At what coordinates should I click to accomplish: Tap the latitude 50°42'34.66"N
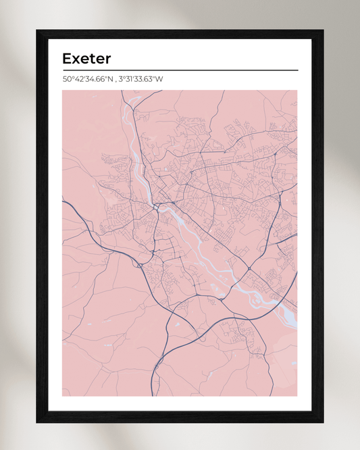coord(88,79)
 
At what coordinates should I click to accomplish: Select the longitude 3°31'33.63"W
coord(141,79)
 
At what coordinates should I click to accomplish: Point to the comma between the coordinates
coord(115,80)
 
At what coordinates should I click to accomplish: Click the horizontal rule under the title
coord(180,70)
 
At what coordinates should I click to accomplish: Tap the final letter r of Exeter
coord(107,59)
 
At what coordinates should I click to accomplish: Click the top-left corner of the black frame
coord(38,31)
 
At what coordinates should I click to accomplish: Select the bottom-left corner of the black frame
coord(38,421)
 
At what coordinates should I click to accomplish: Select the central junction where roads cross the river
coord(157,205)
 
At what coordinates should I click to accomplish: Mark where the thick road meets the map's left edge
coord(63,200)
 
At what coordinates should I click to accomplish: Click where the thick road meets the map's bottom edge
coord(155,395)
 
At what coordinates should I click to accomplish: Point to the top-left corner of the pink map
coord(63,91)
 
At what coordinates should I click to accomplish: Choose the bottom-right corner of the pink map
coord(297,396)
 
